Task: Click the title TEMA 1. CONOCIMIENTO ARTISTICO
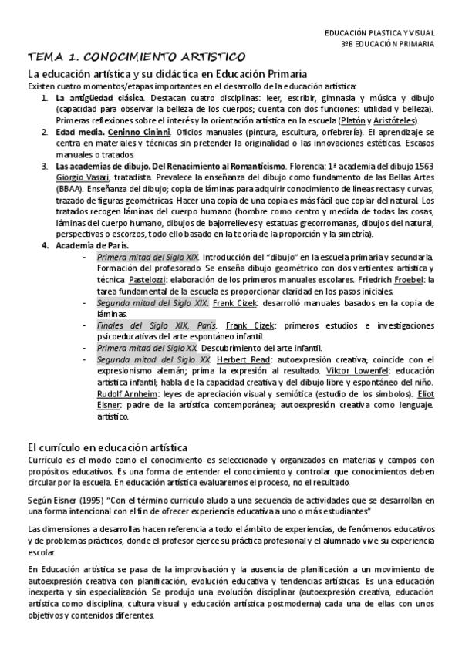point(137,57)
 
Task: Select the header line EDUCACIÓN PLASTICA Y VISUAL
point(379,32)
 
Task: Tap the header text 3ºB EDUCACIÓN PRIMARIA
point(387,44)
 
